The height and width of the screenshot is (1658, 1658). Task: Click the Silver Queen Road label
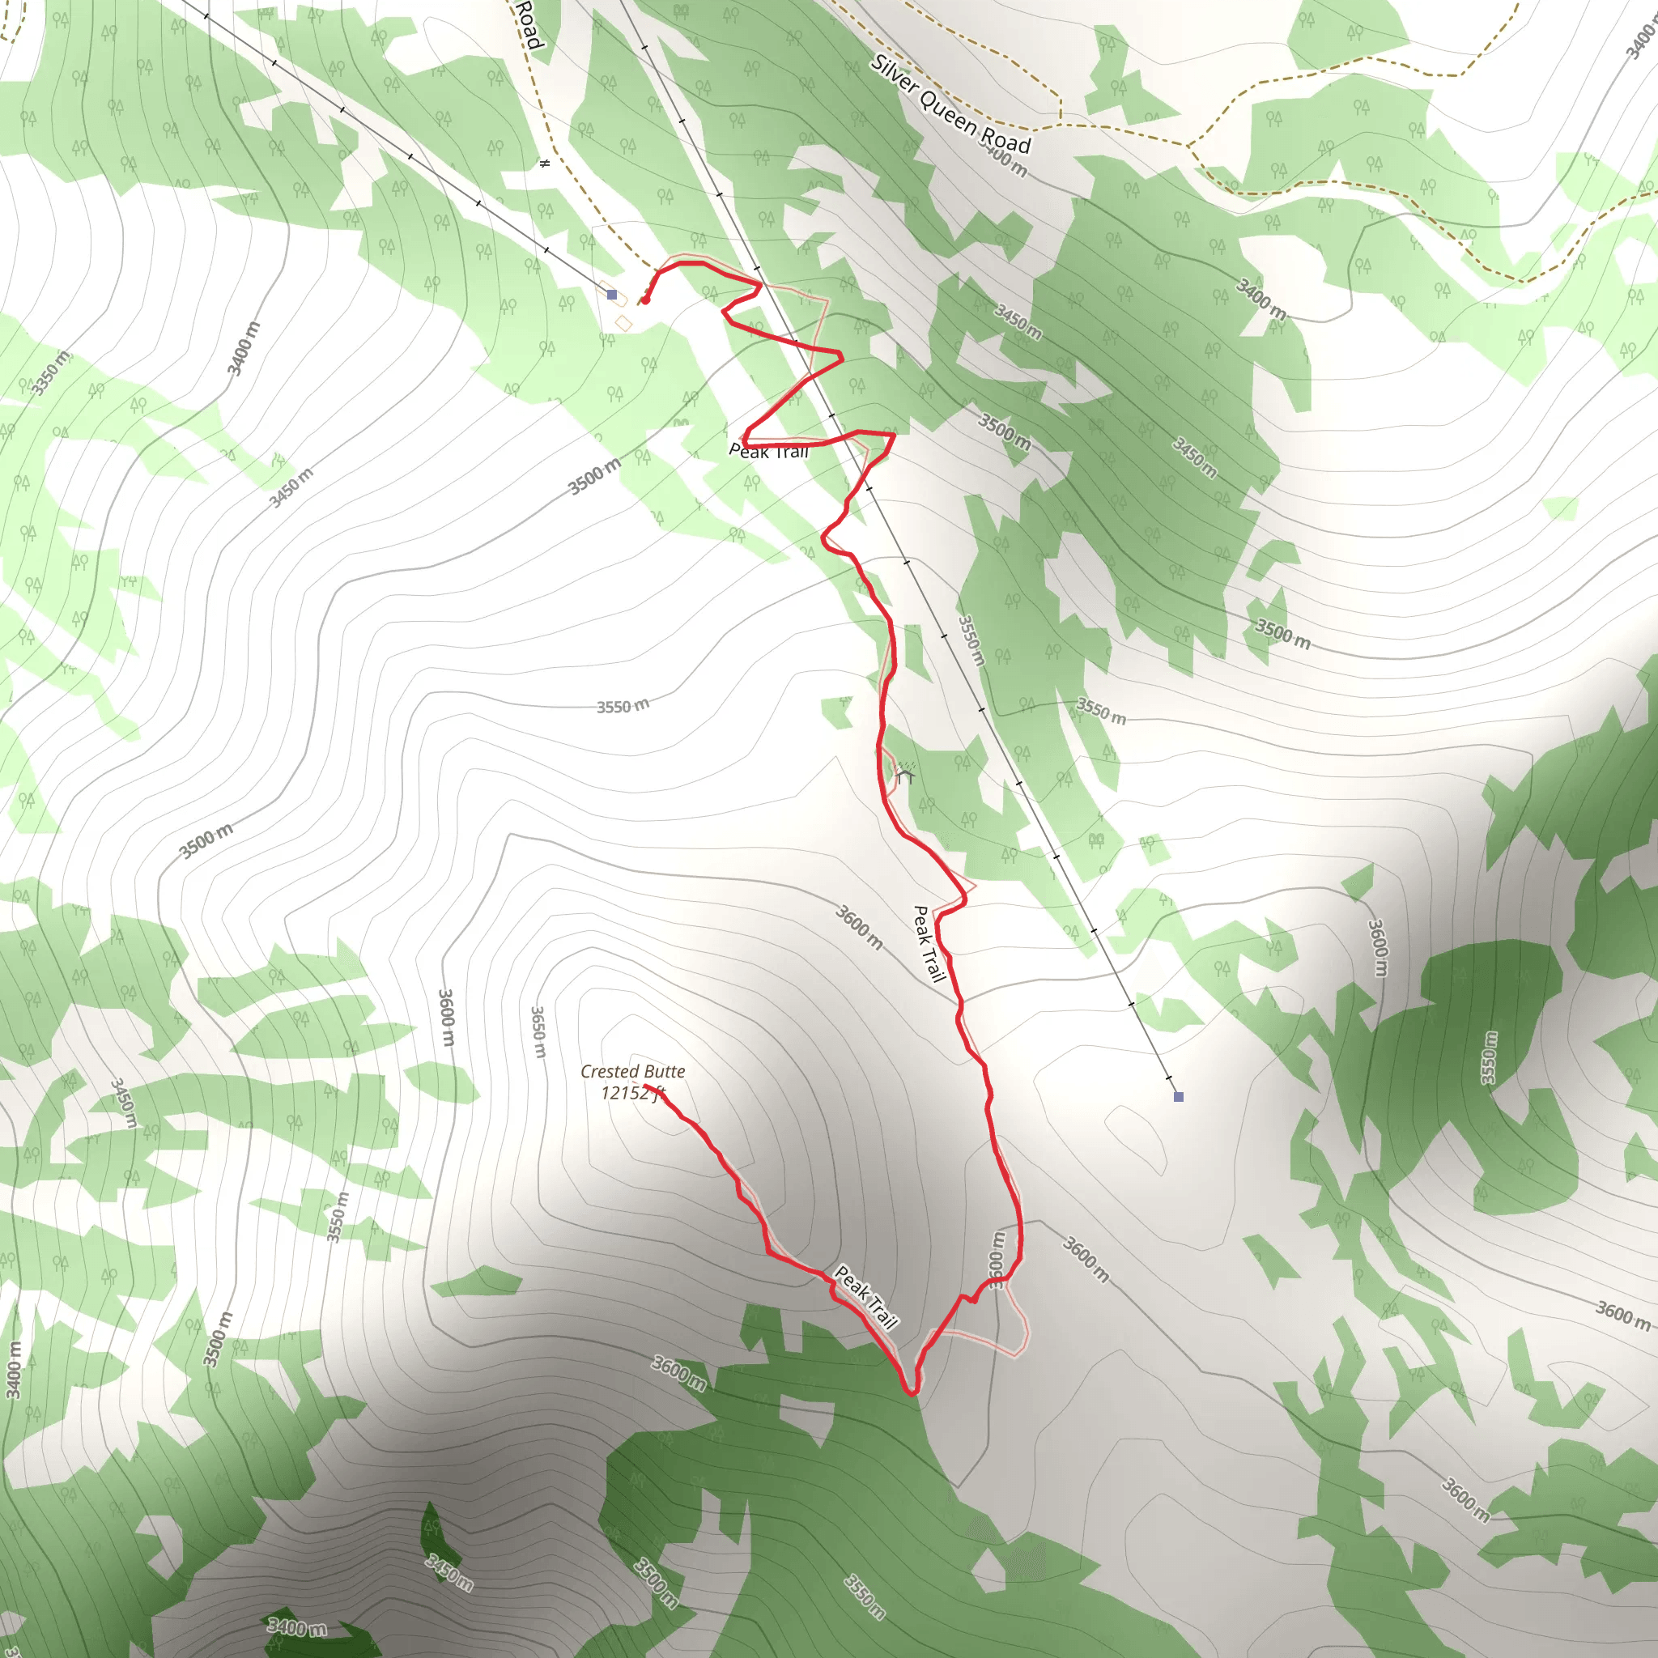(x=950, y=103)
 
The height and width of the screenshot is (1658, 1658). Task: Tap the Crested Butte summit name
(x=632, y=1071)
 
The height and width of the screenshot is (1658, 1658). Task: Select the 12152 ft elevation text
(x=632, y=1092)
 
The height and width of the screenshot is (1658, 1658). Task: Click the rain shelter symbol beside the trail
(x=904, y=776)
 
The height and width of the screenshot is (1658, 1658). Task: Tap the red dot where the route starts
(x=645, y=300)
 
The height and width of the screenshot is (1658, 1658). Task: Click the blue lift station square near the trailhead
(x=612, y=295)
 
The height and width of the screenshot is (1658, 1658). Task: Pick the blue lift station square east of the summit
(x=1178, y=1097)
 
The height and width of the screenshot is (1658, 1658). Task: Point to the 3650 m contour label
(x=538, y=1031)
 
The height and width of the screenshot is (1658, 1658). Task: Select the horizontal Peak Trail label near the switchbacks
(x=769, y=452)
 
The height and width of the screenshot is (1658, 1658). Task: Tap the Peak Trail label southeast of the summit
(x=867, y=1297)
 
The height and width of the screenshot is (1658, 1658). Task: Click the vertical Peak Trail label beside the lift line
(x=929, y=944)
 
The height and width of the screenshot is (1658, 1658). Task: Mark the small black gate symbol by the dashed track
(x=544, y=163)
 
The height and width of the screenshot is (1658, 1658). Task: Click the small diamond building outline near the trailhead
(x=624, y=323)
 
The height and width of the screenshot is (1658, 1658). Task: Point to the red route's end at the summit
(x=645, y=1086)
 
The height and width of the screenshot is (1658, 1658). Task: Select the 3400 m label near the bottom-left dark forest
(x=297, y=1626)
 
